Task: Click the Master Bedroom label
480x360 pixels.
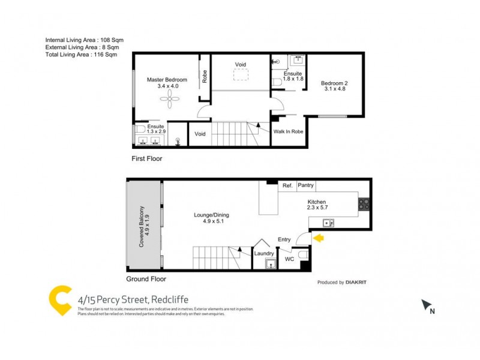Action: pyautogui.click(x=167, y=80)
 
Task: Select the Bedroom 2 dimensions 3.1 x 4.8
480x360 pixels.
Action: pyautogui.click(x=333, y=89)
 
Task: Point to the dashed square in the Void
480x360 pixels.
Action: pyautogui.click(x=241, y=74)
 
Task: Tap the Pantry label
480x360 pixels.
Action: pyautogui.click(x=306, y=186)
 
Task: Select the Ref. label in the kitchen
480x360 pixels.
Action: pyautogui.click(x=287, y=186)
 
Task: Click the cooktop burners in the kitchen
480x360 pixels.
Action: pyautogui.click(x=364, y=204)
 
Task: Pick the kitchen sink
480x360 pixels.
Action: pyautogui.click(x=328, y=223)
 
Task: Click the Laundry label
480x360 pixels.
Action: pyautogui.click(x=264, y=253)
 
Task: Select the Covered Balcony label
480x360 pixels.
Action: pyautogui.click(x=142, y=226)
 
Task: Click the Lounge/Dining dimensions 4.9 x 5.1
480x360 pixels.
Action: pyautogui.click(x=211, y=221)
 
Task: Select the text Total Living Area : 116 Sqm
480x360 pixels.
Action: pyautogui.click(x=81, y=55)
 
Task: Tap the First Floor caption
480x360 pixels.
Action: pyautogui.click(x=147, y=159)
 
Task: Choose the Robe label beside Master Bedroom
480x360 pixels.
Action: pyautogui.click(x=205, y=77)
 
